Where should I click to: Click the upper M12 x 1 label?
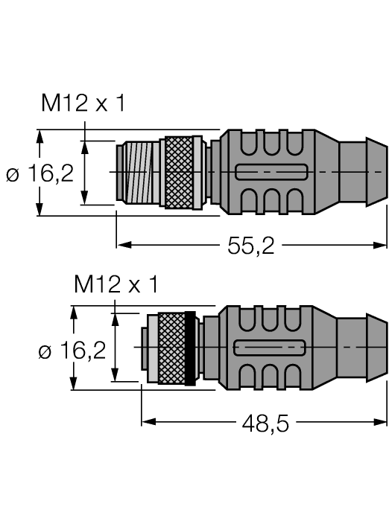click(x=83, y=105)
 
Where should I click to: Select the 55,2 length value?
click(x=250, y=246)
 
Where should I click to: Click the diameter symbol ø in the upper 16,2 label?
click(x=13, y=175)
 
